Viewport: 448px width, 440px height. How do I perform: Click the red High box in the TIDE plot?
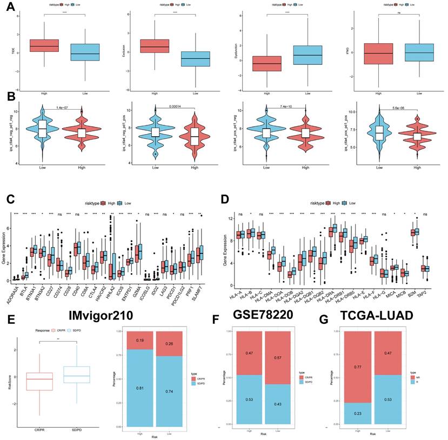(44, 45)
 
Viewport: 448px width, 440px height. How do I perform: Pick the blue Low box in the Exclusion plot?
(181, 58)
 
